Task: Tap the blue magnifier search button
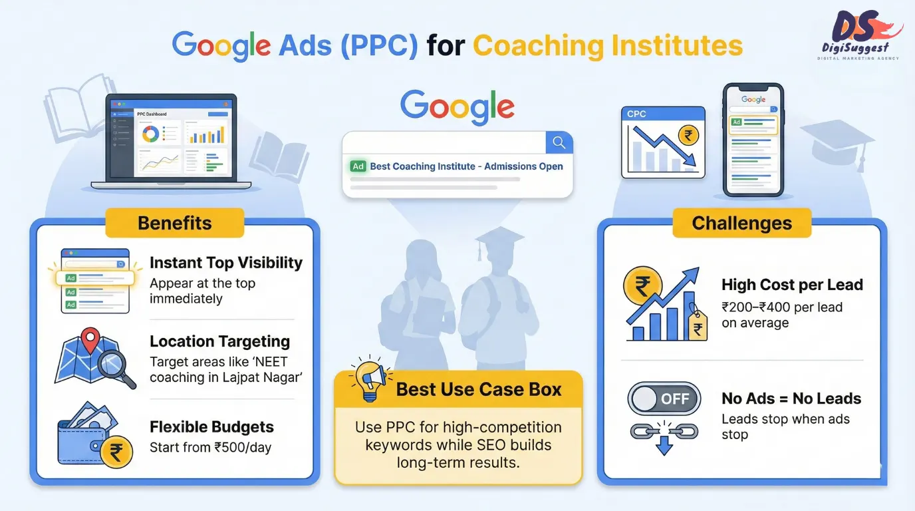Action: [559, 142]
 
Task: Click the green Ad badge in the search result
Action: [358, 166]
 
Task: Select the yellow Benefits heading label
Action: [174, 223]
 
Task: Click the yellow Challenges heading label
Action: [741, 223]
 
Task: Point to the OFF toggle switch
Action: [664, 399]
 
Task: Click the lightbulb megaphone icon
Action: [368, 381]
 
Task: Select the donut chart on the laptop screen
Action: [150, 134]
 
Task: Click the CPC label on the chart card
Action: [636, 114]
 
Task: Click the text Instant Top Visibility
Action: [226, 263]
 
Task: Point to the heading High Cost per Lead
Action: [792, 285]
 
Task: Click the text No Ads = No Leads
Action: [791, 399]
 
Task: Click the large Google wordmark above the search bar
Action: [457, 106]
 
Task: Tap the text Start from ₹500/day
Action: [210, 447]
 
